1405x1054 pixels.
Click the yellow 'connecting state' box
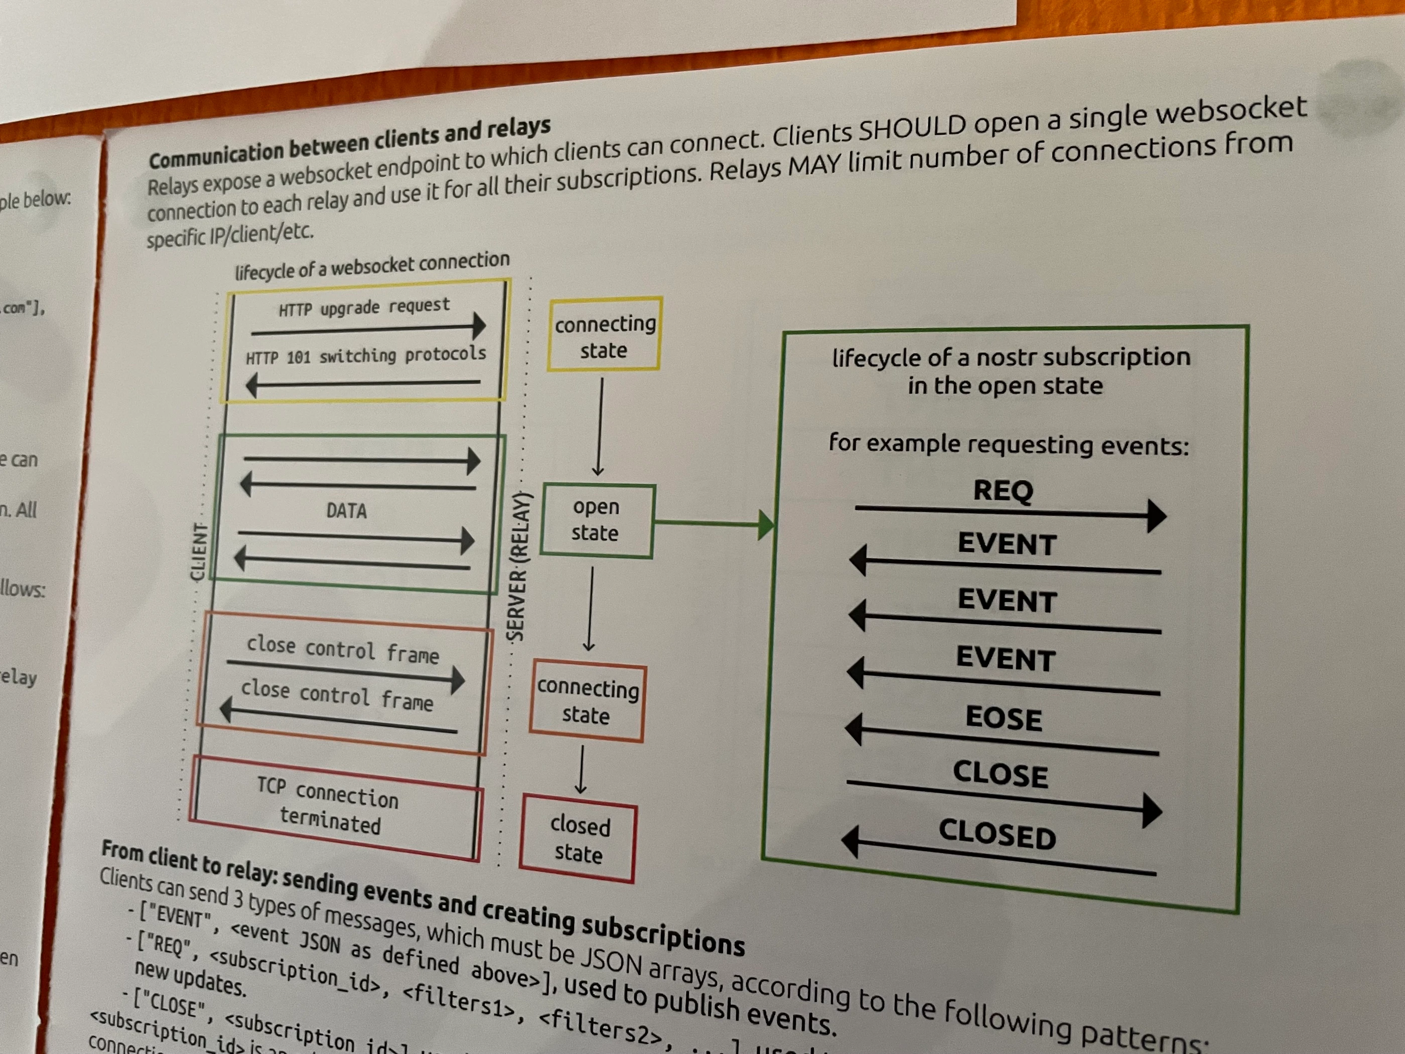[604, 335]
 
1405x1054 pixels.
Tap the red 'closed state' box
[578, 838]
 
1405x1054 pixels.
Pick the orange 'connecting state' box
[587, 702]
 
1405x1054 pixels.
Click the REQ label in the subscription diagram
[1004, 490]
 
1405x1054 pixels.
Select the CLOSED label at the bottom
[997, 834]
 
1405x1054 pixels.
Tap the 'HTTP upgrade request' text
[364, 308]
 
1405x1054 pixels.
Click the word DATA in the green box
[346, 510]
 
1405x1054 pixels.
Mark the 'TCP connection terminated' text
[328, 806]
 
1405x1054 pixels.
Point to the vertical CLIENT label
[199, 552]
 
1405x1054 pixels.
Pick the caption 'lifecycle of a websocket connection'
[372, 266]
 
